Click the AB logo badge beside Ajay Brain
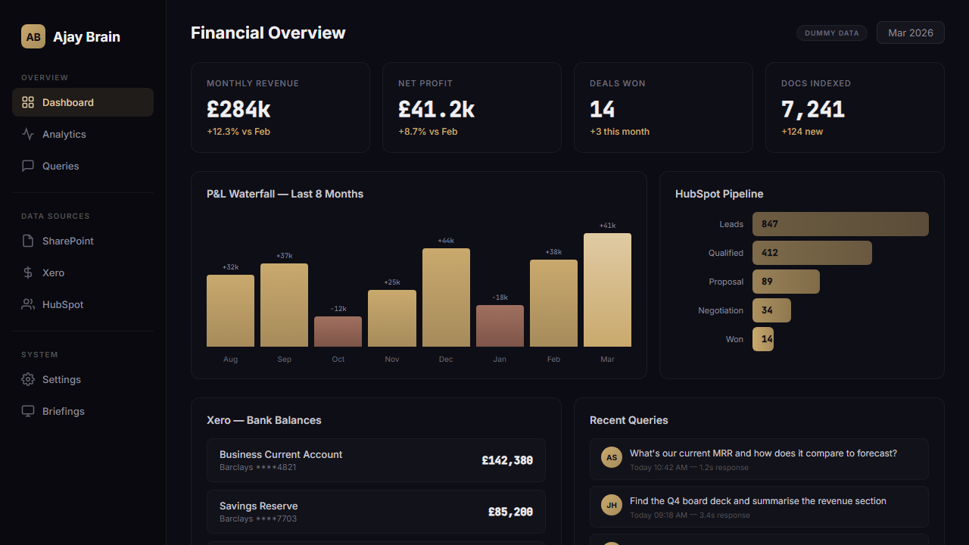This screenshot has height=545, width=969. point(33,36)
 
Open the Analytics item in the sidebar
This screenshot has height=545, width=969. point(64,134)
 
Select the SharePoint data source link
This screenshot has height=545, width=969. point(68,241)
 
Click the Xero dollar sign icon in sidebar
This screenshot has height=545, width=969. point(28,272)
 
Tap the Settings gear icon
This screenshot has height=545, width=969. point(28,379)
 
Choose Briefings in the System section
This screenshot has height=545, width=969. point(64,411)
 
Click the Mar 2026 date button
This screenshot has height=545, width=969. point(910,33)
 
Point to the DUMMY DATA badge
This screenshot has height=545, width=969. point(831,33)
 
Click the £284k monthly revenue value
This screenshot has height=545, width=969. point(238,110)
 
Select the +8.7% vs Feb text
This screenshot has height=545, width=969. point(428,132)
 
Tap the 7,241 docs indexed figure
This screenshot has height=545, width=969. point(812,110)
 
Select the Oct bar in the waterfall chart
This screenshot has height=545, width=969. point(338,332)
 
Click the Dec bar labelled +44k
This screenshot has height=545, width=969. point(446,297)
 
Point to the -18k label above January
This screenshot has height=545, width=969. point(500,297)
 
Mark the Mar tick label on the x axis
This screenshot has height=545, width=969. point(607,359)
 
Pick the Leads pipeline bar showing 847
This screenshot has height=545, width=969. point(840,224)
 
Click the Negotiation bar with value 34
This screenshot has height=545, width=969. point(771,310)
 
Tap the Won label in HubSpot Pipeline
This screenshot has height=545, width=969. point(734,339)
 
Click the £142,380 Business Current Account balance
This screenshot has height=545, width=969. point(507,460)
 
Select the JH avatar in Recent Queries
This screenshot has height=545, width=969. point(612,505)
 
